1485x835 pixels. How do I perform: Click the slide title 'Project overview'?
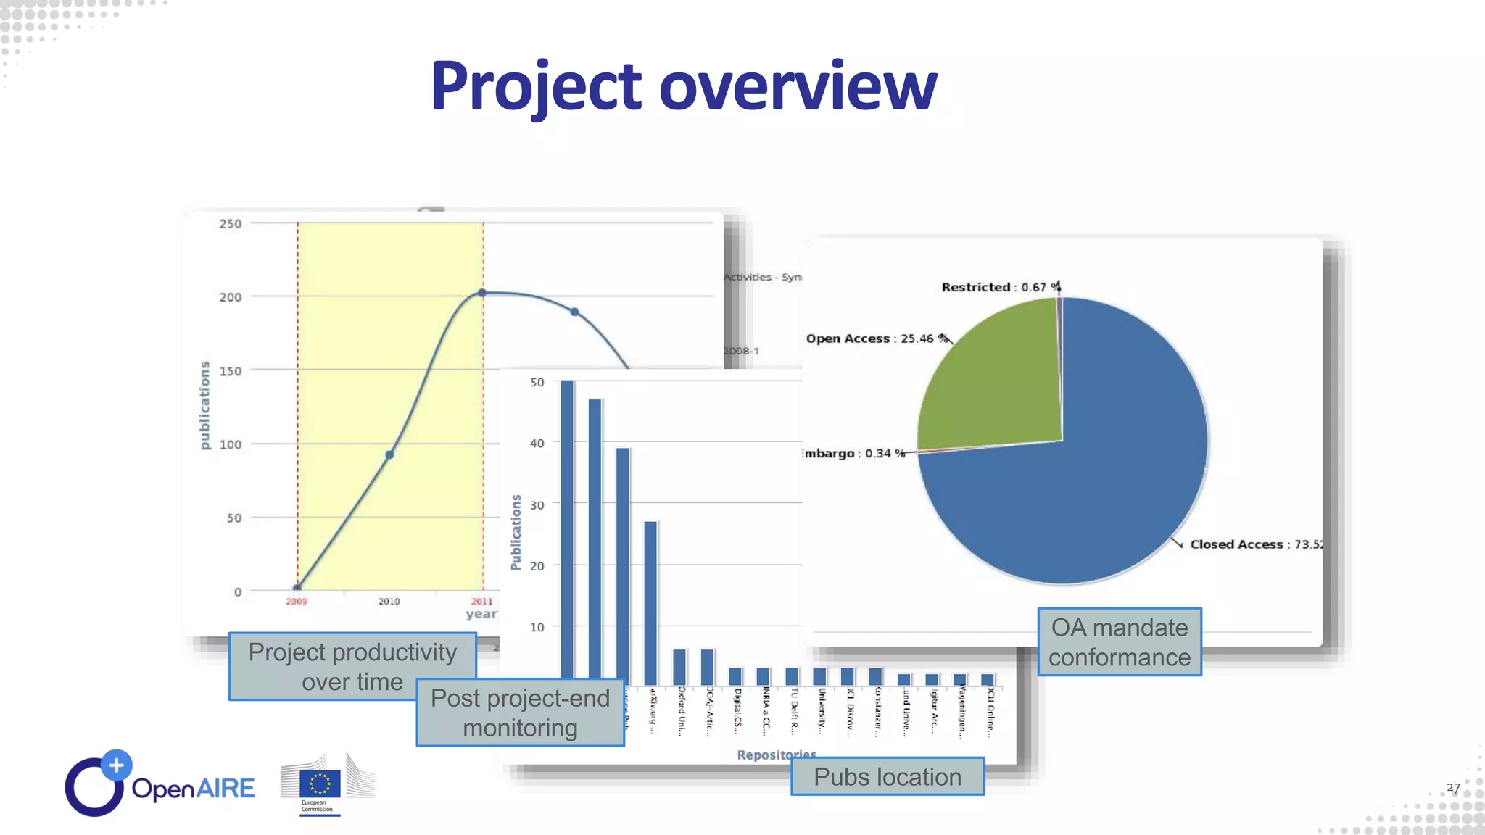coord(683,87)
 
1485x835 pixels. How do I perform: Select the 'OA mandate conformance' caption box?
coord(1119,642)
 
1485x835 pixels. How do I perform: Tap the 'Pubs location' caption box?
coord(887,776)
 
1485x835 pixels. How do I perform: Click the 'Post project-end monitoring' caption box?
coord(520,713)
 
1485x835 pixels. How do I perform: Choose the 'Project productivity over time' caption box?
coord(352,666)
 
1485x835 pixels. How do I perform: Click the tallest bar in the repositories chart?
coord(567,529)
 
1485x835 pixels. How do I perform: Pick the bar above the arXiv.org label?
coord(650,602)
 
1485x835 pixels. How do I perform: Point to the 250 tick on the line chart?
coord(231,224)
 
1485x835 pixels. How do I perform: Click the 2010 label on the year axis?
coord(389,601)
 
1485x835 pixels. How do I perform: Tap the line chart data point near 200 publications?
coord(483,293)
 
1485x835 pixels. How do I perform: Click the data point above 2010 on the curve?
coord(389,454)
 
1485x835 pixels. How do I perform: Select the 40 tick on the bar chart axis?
coord(537,443)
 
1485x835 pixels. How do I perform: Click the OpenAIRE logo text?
coord(193,789)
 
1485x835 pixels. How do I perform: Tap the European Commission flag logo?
coord(320,784)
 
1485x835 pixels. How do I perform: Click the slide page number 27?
coord(1453,787)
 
